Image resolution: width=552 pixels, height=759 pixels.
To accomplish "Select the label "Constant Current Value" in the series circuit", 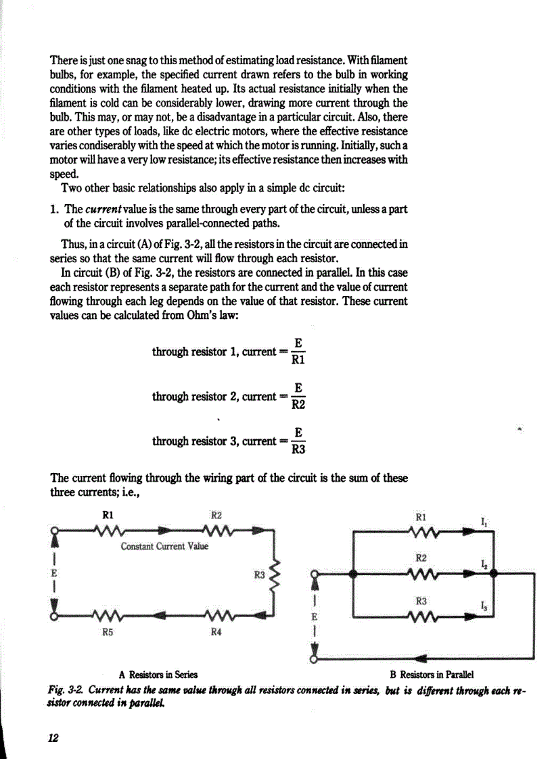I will [x=164, y=545].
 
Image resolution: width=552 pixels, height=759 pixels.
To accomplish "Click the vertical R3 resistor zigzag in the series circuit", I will [x=275, y=575].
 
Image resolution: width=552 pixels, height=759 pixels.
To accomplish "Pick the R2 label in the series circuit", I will [x=216, y=515].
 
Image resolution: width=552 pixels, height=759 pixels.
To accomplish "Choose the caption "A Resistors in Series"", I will [x=158, y=674].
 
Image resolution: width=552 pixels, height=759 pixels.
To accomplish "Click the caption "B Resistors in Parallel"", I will [x=432, y=674].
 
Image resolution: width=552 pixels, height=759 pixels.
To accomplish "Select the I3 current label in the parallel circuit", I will [x=483, y=606].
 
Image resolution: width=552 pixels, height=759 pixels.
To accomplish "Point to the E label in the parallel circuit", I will [x=313, y=617].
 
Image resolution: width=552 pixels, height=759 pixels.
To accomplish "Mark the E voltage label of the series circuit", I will [x=53, y=572].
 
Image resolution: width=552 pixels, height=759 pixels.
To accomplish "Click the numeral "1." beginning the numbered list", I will [x=55, y=209].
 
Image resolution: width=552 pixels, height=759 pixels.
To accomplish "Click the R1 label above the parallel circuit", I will [x=421, y=516].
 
